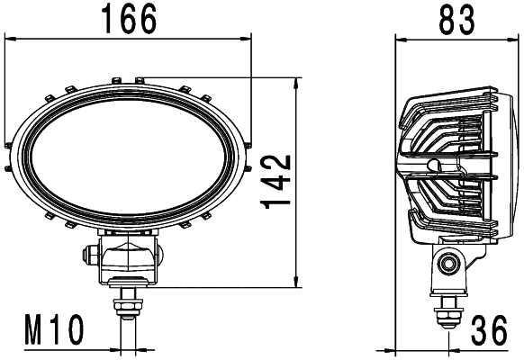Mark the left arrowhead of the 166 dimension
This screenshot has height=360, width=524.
(12, 38)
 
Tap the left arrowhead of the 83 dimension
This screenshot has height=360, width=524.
(402, 38)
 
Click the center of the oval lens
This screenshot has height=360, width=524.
(127, 149)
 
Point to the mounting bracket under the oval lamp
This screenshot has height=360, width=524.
(131, 259)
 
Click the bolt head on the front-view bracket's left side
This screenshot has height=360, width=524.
(92, 256)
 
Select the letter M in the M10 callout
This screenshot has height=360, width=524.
(33, 331)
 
